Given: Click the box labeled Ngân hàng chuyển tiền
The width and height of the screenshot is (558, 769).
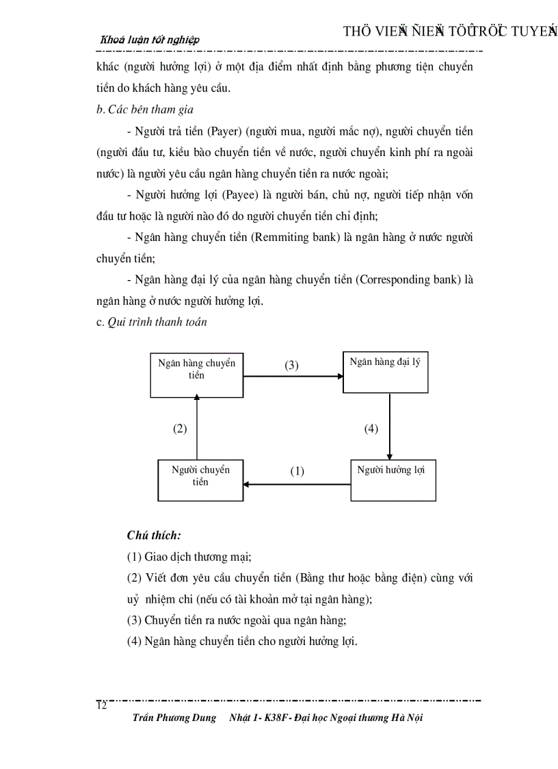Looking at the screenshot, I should (x=197, y=375).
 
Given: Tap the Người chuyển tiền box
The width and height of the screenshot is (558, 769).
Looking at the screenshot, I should (x=200, y=480).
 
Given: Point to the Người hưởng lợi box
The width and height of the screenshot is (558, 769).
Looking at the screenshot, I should (x=393, y=480).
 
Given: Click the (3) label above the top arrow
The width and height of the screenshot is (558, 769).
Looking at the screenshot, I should (x=292, y=365).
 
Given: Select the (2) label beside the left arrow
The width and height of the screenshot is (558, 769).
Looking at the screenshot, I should (x=180, y=429).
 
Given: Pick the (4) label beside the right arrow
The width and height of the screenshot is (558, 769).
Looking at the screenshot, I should (x=371, y=429).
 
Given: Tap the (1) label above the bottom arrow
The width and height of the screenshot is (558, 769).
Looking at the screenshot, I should (x=297, y=471).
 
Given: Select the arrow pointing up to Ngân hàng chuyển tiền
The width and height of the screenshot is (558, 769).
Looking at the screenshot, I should (x=197, y=428).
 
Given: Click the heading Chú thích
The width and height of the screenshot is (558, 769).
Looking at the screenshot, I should (x=154, y=535).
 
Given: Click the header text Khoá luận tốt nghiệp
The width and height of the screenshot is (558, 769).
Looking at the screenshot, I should (x=150, y=40).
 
